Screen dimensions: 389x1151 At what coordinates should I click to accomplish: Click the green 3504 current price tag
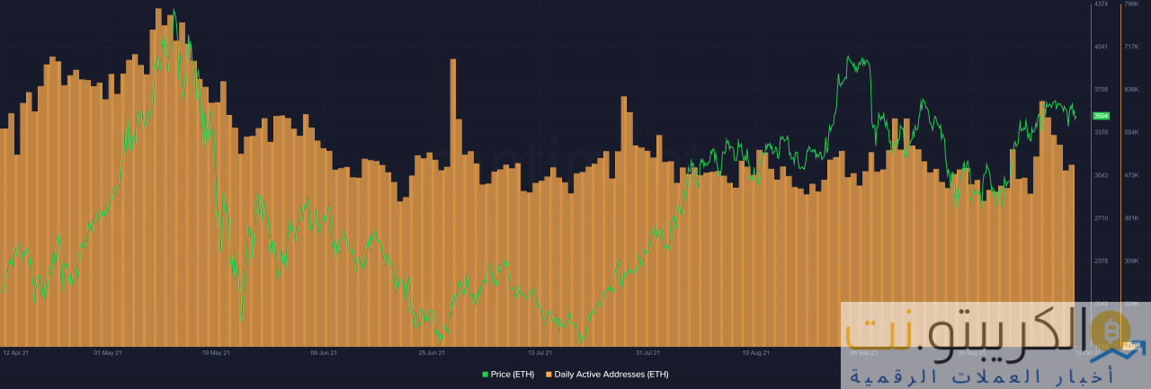point(1101,116)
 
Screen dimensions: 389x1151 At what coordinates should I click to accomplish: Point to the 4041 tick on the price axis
point(1101,47)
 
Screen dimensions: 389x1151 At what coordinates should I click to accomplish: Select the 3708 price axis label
point(1101,90)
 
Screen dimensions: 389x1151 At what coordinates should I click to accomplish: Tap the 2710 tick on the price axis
point(1101,218)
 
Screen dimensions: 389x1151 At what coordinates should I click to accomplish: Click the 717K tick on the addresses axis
point(1131,47)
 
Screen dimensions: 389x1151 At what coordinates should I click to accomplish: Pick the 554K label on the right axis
point(1131,133)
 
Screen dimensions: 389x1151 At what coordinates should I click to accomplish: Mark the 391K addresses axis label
point(1131,218)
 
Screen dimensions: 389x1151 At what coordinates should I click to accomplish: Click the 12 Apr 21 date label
point(17,353)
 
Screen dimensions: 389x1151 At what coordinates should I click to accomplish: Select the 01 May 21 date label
point(108,353)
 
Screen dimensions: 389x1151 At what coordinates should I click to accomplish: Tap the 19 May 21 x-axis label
point(216,353)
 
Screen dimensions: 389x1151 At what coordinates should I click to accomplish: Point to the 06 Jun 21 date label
point(324,353)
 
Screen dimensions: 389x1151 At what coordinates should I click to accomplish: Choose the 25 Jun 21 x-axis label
point(432,353)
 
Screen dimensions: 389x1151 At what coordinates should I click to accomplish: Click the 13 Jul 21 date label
point(540,353)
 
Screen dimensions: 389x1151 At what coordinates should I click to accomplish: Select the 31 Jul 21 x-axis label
point(647,353)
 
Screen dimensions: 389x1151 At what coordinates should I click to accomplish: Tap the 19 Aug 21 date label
point(755,353)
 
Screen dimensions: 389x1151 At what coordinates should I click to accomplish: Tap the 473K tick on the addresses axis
point(1131,175)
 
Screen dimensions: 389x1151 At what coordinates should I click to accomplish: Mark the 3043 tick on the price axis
point(1101,175)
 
